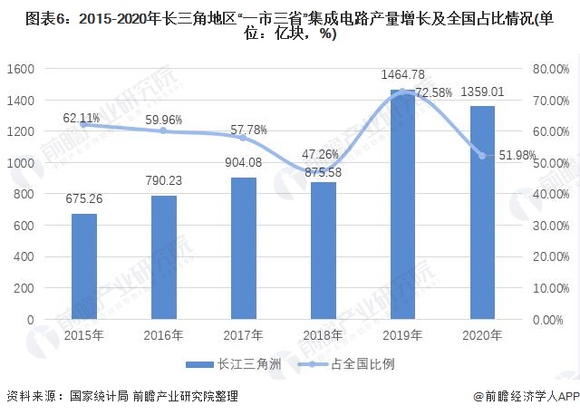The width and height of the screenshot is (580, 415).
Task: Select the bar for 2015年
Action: pos(83,266)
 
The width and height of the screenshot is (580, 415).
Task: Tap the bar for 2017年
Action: pos(243,248)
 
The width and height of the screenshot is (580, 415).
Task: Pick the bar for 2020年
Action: pos(482,213)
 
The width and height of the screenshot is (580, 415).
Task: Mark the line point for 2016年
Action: pos(163,130)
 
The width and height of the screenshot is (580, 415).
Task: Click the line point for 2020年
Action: pos(482,156)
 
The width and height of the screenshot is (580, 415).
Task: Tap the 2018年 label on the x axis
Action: pos(323,335)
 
